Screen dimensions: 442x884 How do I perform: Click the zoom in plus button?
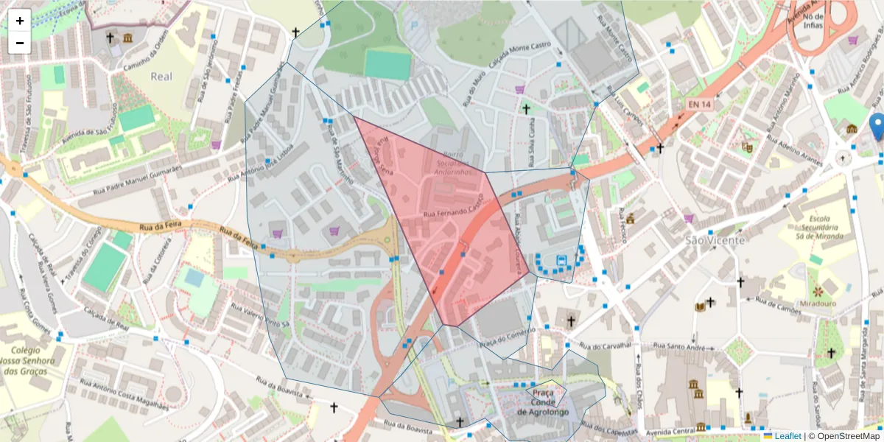[20, 21]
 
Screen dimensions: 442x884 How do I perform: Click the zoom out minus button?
[20, 43]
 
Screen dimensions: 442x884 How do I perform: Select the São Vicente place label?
[715, 239]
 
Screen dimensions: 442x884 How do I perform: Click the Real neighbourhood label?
[161, 76]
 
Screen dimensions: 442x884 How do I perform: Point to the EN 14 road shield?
[700, 105]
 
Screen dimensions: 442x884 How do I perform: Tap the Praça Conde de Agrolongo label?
[543, 402]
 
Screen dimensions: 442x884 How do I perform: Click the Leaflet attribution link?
[787, 436]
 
